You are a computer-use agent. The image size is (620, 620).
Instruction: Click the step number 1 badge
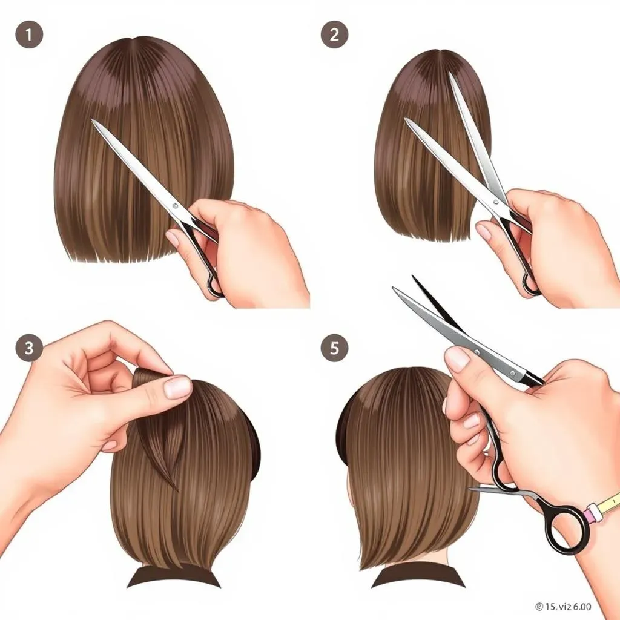[x=28, y=35]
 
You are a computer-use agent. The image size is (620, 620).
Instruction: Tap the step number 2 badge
[x=334, y=35]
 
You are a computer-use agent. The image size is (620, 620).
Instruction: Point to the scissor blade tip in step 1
[x=93, y=120]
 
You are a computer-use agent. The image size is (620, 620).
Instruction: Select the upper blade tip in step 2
[x=451, y=76]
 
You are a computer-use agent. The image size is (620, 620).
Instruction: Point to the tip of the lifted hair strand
[x=176, y=489]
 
